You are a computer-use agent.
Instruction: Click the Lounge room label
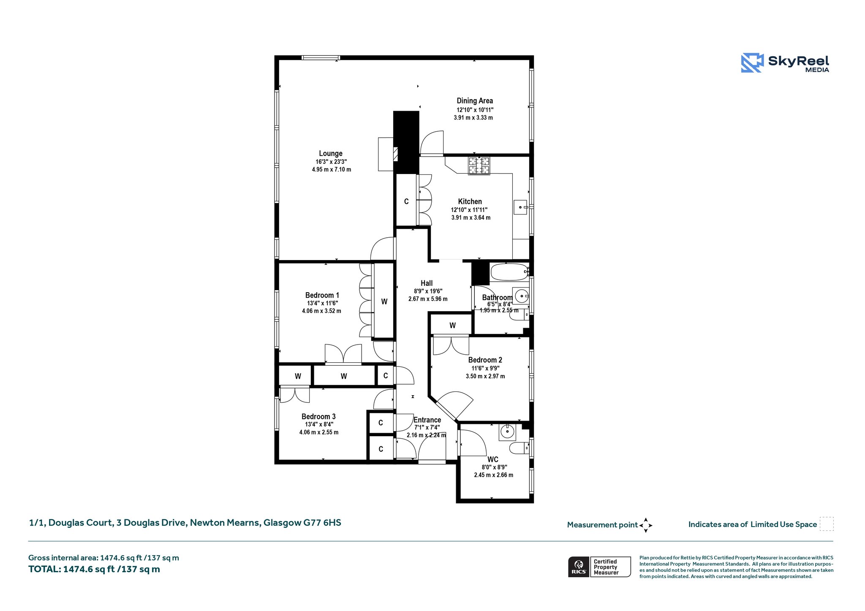tap(331, 153)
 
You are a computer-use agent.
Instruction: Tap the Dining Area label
tap(475, 100)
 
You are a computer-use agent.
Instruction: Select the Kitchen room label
tap(470, 201)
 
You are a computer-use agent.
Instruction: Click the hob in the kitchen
tap(479, 166)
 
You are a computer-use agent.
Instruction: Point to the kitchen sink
tap(520, 207)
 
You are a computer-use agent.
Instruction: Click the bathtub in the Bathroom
tap(509, 272)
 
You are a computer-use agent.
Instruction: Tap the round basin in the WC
tap(507, 432)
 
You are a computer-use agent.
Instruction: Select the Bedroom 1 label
tap(322, 295)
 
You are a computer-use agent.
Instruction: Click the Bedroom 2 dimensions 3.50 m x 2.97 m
tap(485, 376)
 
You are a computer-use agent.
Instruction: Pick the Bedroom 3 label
tap(318, 416)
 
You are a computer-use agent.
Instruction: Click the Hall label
tap(427, 283)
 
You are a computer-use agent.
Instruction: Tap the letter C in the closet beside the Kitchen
tap(406, 201)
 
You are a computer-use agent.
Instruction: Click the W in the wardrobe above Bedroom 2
tap(452, 326)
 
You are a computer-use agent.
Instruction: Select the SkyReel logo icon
tap(752, 63)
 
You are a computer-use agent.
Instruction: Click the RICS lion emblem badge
tap(579, 567)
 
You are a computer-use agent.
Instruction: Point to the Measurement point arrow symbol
tap(646, 525)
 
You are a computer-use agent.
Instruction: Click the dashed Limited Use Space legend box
tap(827, 524)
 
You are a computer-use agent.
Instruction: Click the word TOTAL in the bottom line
tap(44, 569)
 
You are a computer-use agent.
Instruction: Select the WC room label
tap(492, 459)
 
